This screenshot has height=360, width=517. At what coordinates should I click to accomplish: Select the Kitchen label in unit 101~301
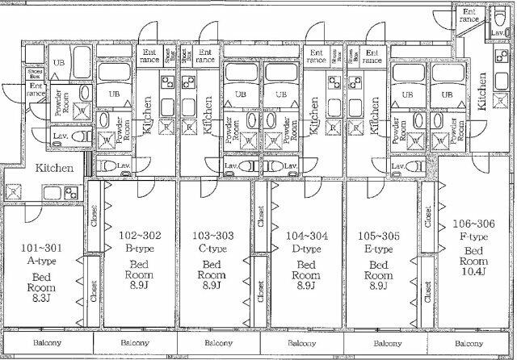(x=54, y=169)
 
